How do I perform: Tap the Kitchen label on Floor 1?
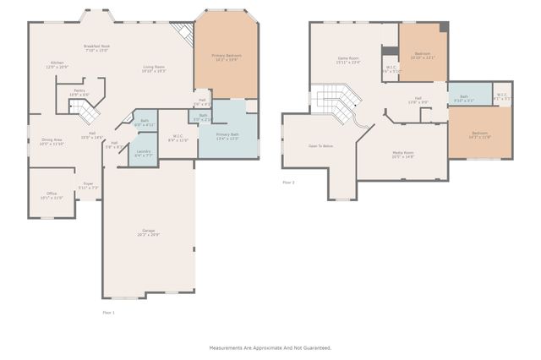(x=57, y=64)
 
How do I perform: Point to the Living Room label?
(x=153, y=69)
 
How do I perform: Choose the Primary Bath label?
(x=227, y=136)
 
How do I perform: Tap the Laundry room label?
(x=143, y=153)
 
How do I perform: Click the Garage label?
(x=149, y=232)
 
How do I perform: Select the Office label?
(x=52, y=195)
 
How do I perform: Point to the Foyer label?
(x=88, y=186)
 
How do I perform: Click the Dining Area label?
(x=52, y=142)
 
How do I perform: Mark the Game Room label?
(x=348, y=59)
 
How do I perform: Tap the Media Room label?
(x=402, y=155)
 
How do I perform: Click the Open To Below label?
(x=320, y=146)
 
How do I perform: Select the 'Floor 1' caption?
(x=108, y=313)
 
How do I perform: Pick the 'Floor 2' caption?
(x=288, y=182)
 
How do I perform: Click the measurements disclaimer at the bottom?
(x=270, y=347)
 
